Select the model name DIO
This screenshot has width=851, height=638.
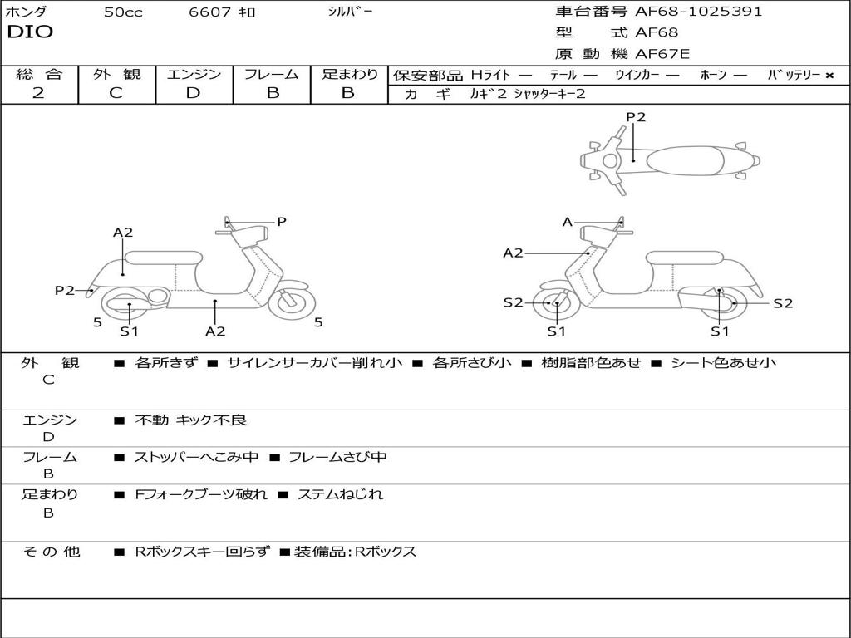30,32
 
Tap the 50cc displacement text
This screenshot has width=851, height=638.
123,12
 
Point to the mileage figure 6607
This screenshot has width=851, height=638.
209,12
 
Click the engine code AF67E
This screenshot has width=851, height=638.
662,55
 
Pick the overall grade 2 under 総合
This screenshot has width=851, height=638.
38,93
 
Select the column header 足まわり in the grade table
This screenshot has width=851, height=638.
349,74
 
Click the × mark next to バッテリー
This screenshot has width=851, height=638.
829,75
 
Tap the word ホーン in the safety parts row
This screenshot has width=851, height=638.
713,75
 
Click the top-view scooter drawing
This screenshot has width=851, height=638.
670,159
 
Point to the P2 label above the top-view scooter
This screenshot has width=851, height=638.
636,117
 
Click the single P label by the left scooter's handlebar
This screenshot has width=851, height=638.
282,222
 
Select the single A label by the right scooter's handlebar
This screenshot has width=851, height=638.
568,222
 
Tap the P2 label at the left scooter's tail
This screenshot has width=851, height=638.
64,290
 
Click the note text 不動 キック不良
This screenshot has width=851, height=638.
190,420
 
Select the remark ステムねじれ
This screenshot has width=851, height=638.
340,494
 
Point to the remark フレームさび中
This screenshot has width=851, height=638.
337,457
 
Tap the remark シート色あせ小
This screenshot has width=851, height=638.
723,363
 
